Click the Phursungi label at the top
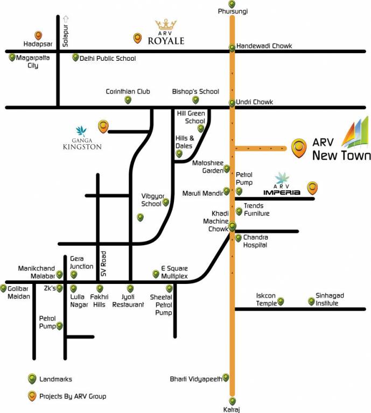coord(232,11)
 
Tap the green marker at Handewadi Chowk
coord(232,47)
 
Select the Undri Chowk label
coord(255,102)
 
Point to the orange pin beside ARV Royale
coord(138,38)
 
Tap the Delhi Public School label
coord(108,58)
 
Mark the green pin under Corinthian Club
coord(128,100)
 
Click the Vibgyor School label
coord(151,200)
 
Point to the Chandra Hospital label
coord(256,241)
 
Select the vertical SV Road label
coord(104,264)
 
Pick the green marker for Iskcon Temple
coord(281,302)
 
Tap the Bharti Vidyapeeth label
coord(196,379)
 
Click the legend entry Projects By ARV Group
coord(73,396)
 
